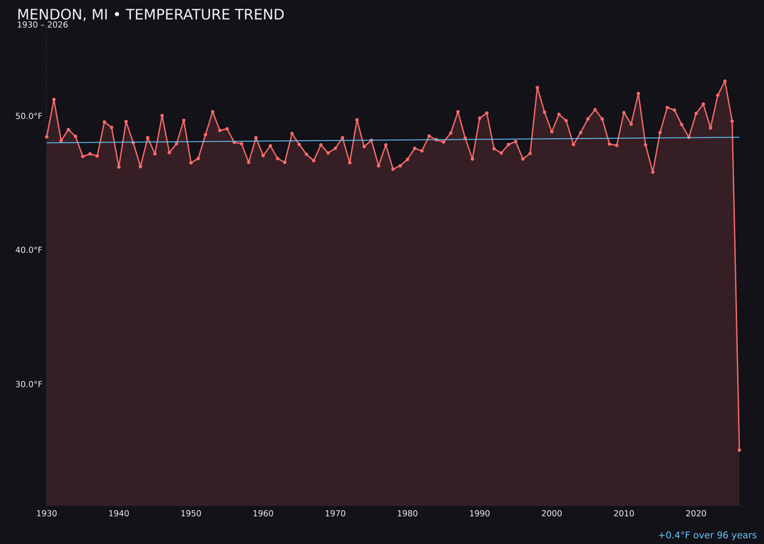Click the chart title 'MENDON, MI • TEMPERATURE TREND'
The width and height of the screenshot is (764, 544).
click(151, 15)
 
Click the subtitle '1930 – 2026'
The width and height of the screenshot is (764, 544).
click(42, 25)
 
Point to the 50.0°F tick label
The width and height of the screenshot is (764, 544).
click(30, 116)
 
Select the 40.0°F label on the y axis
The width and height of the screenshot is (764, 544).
click(30, 250)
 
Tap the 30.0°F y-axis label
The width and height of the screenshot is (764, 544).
click(30, 385)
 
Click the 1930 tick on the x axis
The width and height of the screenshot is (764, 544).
click(47, 514)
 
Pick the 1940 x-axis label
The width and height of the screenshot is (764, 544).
click(119, 514)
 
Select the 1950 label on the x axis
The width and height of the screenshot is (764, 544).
click(191, 514)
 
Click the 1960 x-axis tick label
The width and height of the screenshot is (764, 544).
click(263, 514)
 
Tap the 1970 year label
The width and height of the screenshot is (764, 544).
click(335, 514)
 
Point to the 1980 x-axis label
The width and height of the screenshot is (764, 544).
click(407, 514)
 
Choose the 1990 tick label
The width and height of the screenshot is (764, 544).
click(480, 514)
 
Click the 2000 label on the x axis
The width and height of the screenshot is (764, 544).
click(552, 514)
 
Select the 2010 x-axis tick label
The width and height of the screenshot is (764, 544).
click(624, 514)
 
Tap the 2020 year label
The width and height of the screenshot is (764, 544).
click(696, 514)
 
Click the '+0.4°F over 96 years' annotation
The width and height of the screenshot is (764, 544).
click(707, 535)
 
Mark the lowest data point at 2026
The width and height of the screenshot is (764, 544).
click(739, 450)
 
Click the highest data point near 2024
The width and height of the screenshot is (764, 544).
click(725, 81)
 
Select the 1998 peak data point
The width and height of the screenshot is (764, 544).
click(537, 88)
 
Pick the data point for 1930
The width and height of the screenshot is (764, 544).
click(47, 137)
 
